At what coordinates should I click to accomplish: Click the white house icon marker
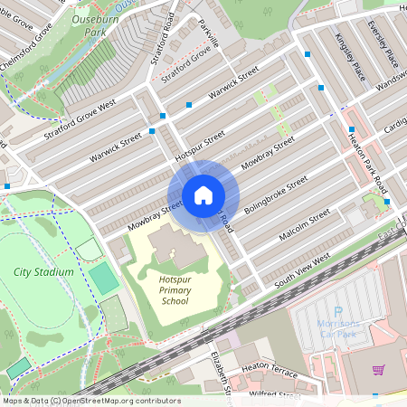tap(203, 194)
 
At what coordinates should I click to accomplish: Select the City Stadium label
tap(39, 271)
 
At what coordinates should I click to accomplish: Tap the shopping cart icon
tap(378, 370)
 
